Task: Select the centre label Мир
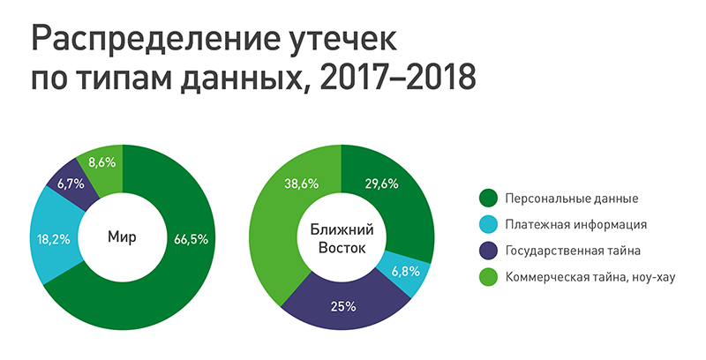(123, 238)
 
